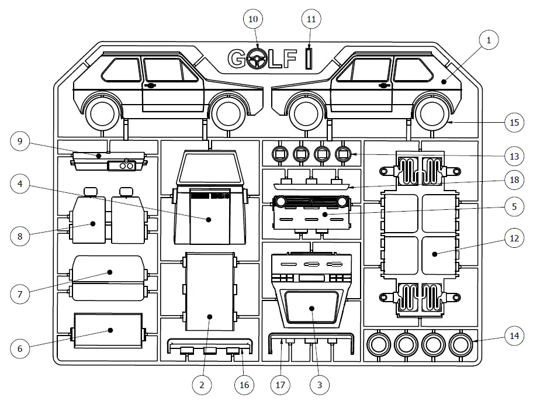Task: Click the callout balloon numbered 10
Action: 253,19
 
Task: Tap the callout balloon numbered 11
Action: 311,19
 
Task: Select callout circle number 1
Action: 489,40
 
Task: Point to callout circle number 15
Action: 514,122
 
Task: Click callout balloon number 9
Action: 20,141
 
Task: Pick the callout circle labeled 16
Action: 244,385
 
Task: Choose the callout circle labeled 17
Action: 280,385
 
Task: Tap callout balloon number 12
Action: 514,238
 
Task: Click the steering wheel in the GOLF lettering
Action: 257,58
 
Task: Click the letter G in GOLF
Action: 237,58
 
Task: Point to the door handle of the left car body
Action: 151,85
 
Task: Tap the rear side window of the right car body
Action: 413,70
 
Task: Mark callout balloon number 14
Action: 514,336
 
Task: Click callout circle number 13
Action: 514,157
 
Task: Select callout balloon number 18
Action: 514,180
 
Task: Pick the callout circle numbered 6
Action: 20,348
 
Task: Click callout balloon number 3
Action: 319,385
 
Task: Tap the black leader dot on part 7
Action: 110,272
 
